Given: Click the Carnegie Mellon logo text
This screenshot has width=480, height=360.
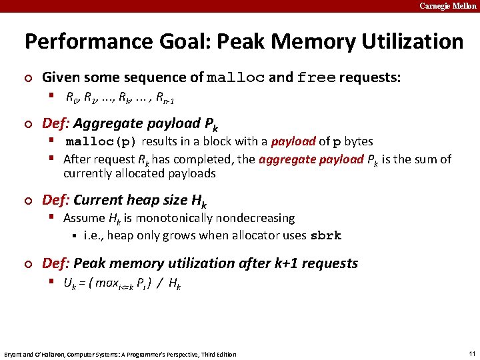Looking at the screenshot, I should (448, 6).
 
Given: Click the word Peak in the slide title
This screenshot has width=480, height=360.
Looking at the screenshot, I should (237, 41).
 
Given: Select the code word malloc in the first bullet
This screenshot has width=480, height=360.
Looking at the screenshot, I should (236, 78).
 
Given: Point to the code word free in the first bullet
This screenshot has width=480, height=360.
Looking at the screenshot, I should (317, 78).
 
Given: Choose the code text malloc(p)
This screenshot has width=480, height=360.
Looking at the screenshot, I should (101, 141).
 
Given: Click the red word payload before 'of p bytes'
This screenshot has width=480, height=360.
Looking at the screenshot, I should (293, 141).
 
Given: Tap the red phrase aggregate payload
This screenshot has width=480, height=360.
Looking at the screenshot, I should (311, 159).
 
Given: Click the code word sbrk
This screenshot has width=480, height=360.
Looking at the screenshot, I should (326, 235).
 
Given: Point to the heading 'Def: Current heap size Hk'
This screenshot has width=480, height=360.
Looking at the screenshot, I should (124, 200).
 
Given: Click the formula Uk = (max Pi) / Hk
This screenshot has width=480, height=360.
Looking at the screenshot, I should (122, 283).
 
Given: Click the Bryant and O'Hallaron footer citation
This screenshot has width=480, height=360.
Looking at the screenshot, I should (120, 354).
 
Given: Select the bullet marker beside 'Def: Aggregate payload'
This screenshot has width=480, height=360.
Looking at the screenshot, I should (27, 124).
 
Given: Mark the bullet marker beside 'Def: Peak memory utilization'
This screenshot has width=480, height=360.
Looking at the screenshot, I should (27, 264).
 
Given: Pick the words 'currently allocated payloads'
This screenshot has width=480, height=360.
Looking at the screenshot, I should (139, 173).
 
